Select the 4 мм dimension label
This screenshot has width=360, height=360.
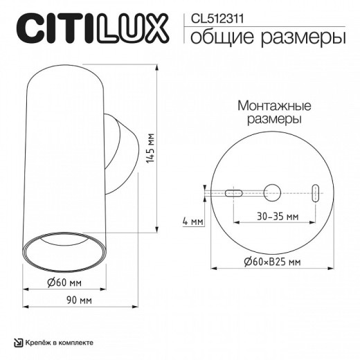(193, 222)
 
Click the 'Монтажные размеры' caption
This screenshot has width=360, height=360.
(273, 113)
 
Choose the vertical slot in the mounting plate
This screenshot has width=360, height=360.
(316, 193)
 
